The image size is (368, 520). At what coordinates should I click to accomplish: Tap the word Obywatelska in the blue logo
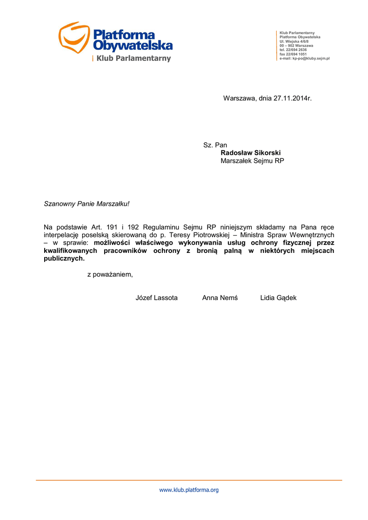pos(133,46)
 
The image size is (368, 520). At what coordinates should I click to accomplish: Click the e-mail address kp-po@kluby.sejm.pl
pos(305,59)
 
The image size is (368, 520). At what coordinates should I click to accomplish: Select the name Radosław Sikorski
pos(250,153)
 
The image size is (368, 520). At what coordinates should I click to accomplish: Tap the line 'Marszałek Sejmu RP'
pos(252,161)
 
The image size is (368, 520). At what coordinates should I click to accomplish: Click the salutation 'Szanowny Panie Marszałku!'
pos(87,204)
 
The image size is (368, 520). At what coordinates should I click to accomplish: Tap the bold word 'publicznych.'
pos(64,258)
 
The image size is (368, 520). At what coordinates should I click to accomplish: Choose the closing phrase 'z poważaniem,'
pos(110,275)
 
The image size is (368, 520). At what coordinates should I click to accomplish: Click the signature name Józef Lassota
pos(156,298)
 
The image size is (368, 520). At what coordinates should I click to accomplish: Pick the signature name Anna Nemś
pos(220,298)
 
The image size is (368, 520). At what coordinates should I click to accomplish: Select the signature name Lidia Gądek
pos(278,298)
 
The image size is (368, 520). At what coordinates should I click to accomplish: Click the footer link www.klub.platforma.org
pos(189,490)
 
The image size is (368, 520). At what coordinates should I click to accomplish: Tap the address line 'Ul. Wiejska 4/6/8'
pos(294,41)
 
